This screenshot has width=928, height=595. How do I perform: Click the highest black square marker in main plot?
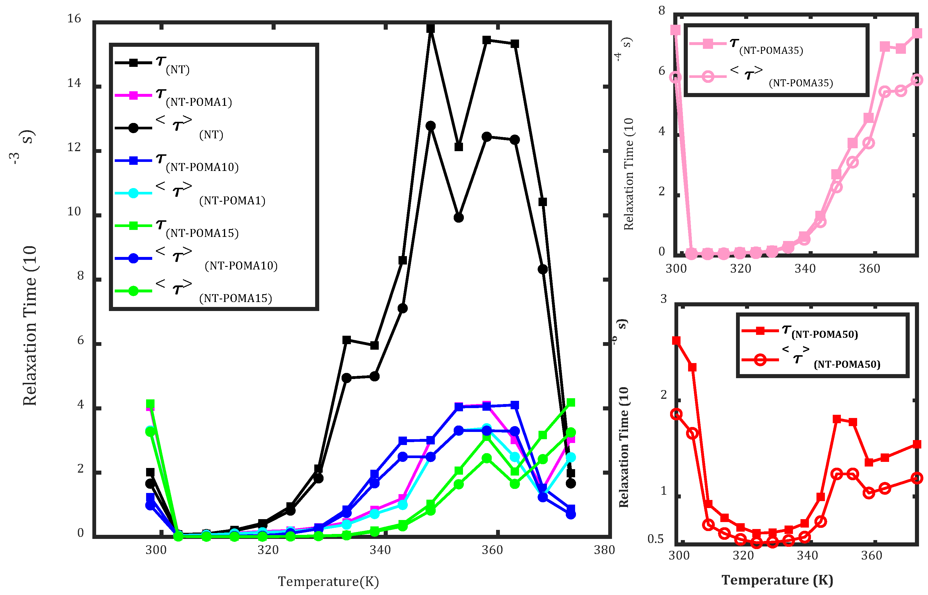pos(430,28)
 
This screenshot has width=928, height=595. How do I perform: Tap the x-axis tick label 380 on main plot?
pos(604,550)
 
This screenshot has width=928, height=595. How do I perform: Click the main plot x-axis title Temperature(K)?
pos(328,581)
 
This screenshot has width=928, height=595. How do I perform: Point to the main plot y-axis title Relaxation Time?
pos(30,325)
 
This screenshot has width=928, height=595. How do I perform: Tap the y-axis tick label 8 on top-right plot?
pos(662,11)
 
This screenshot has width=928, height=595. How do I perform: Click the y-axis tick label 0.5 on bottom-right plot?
pos(656,539)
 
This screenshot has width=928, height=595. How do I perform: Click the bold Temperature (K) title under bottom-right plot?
pos(777,580)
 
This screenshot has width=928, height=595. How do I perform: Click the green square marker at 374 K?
pos(570,403)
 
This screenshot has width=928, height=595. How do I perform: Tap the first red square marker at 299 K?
pos(676,340)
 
